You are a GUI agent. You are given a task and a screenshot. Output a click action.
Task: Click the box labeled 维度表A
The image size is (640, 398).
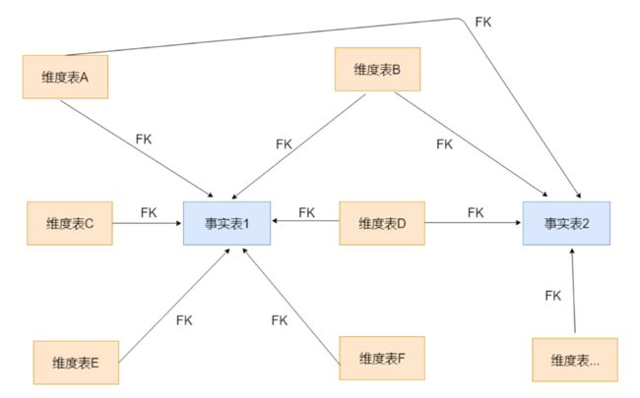[65, 77]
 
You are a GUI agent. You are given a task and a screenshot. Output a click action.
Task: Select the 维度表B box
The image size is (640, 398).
[377, 69]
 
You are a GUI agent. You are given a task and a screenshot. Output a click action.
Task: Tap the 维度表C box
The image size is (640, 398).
[70, 223]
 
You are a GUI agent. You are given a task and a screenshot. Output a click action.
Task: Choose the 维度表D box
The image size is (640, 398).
[382, 223]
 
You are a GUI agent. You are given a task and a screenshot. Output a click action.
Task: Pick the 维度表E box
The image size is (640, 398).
[76, 363]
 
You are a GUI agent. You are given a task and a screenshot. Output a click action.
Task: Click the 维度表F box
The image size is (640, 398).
[382, 358]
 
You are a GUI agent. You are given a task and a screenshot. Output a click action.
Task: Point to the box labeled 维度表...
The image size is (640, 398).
[575, 360]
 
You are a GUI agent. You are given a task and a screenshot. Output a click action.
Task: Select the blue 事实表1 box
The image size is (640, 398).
[226, 223]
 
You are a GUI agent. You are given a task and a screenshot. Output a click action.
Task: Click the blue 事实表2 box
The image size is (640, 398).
[566, 223]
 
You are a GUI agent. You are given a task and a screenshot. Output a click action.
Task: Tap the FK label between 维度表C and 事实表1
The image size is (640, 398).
[149, 212]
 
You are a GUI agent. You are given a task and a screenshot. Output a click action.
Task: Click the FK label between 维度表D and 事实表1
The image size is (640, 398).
[306, 212]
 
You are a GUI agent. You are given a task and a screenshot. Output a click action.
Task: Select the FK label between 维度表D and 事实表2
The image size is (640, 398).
[476, 212]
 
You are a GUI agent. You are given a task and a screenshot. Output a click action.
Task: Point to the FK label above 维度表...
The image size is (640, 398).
[553, 296]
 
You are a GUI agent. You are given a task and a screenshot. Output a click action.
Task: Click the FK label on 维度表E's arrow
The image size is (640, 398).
[184, 320]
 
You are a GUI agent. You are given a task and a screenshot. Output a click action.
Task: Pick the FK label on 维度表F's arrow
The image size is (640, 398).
[280, 320]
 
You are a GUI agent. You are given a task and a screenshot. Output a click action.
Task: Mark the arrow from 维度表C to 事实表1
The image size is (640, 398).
[147, 223]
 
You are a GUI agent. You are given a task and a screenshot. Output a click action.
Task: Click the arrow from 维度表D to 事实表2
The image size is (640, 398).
[473, 223]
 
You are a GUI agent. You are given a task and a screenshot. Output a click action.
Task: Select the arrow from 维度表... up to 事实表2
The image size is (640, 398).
[573, 290]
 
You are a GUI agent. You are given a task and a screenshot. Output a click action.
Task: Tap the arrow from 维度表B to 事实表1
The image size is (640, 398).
[298, 146]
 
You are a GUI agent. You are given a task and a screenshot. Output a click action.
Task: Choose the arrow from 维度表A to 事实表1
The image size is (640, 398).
[137, 148]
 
